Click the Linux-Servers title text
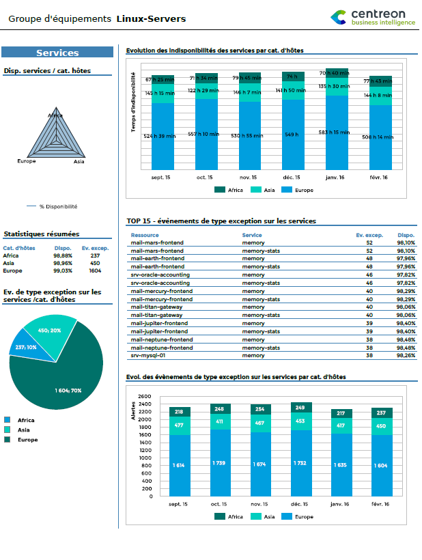click(x=151, y=19)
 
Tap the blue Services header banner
click(x=57, y=53)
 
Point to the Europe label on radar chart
click(x=27, y=161)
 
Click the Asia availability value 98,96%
click(x=63, y=263)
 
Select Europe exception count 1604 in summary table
click(x=90, y=270)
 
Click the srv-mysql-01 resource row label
click(x=148, y=355)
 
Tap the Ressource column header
click(x=145, y=235)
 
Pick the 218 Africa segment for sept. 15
click(x=180, y=412)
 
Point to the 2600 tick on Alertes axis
click(x=144, y=396)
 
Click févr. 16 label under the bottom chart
click(x=381, y=504)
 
